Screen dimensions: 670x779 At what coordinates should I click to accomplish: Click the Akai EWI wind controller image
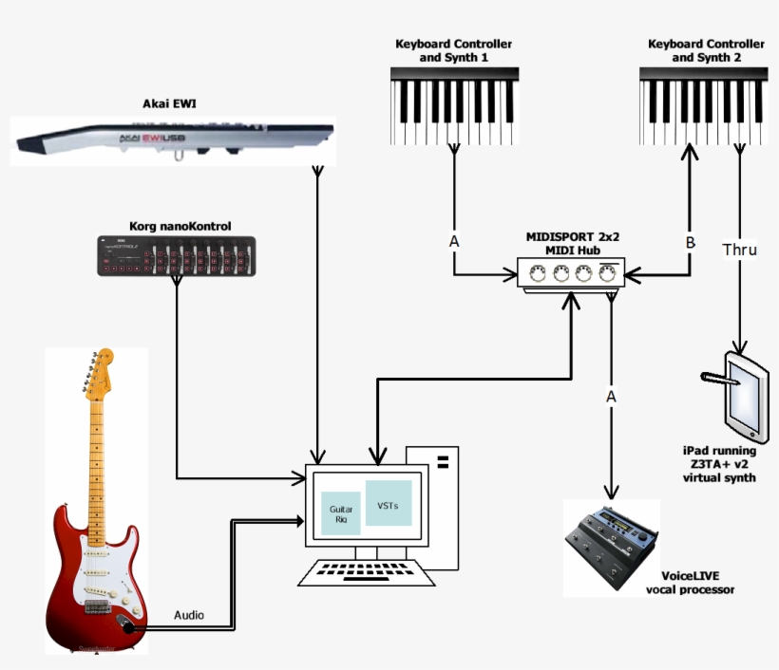click(x=171, y=140)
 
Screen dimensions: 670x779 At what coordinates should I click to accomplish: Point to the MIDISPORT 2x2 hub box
click(x=569, y=275)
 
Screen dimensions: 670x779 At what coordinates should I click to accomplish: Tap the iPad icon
click(x=738, y=390)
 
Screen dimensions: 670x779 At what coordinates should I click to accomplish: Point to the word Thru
click(x=739, y=250)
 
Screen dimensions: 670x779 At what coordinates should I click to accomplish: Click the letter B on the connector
click(x=691, y=242)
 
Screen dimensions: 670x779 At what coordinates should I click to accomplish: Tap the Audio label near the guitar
click(x=188, y=615)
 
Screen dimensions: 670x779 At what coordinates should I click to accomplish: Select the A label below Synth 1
click(x=454, y=242)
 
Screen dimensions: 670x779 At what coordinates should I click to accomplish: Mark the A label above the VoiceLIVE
click(x=611, y=394)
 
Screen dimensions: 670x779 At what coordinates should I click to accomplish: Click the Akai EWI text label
click(x=172, y=103)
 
